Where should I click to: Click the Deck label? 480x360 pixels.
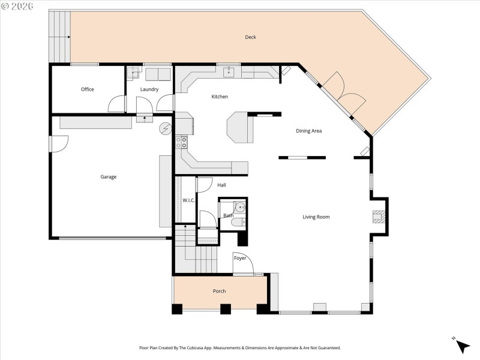(x=250, y=37)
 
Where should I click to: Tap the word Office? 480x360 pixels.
(x=88, y=89)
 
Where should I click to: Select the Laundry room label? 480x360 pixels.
(x=149, y=89)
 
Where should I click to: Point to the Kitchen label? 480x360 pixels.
(x=220, y=97)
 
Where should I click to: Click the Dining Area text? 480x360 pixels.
(x=310, y=131)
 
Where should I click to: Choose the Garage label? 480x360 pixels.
(x=109, y=177)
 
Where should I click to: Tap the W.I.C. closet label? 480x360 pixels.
(x=188, y=200)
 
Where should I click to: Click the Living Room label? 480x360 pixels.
(x=316, y=217)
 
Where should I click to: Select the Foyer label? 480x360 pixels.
(x=240, y=258)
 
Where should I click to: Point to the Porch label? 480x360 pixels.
(x=220, y=292)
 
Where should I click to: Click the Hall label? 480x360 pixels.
(x=221, y=185)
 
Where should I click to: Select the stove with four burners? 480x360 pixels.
(x=181, y=142)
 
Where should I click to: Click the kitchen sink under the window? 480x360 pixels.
(x=229, y=73)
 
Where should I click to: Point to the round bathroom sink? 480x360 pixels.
(x=239, y=208)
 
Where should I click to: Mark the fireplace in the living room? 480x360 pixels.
(x=378, y=217)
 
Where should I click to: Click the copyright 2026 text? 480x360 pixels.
(x=17, y=5)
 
